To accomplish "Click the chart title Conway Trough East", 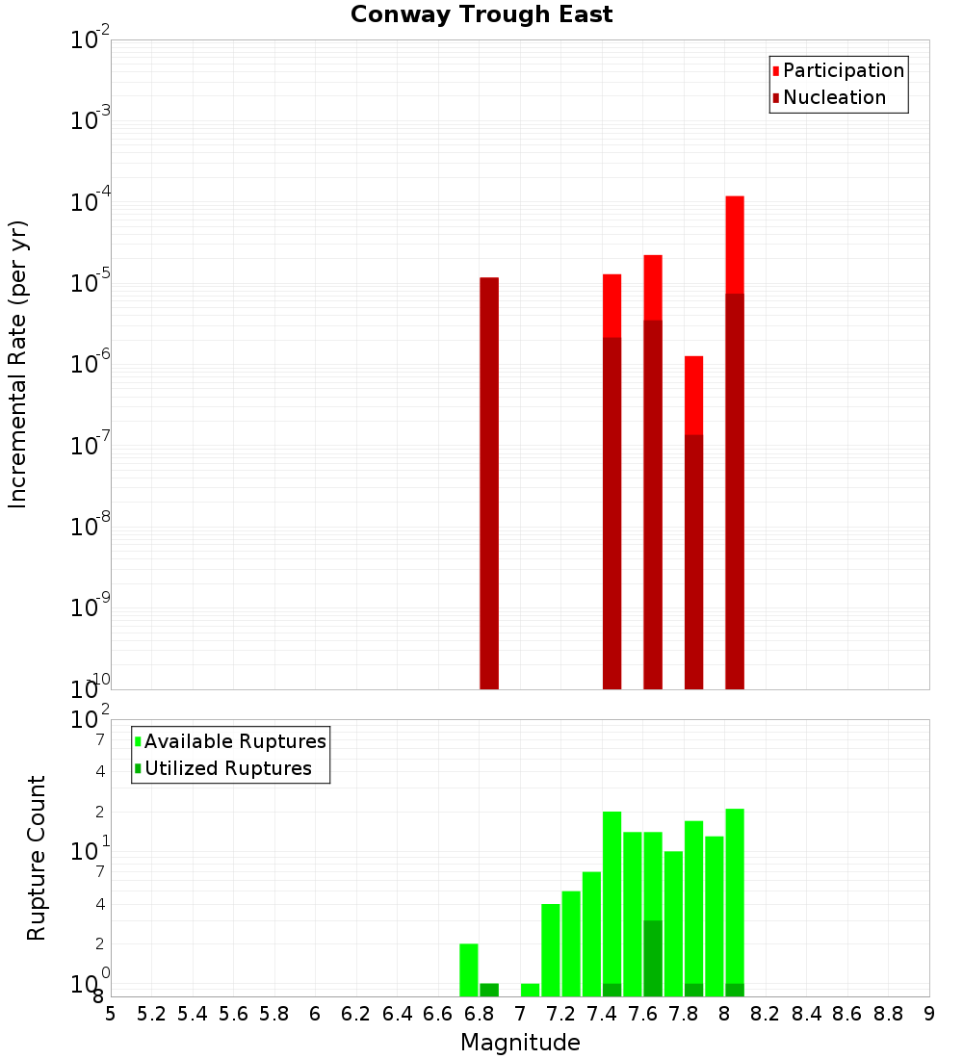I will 481,14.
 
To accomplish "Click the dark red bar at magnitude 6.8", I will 489,481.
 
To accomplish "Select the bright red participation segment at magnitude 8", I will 735,245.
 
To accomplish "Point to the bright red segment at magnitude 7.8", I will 693,395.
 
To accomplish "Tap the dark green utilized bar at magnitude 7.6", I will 653,958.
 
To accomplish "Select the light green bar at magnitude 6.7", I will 469,969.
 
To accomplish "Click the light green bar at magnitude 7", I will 530,990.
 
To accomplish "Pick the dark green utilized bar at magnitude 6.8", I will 489,990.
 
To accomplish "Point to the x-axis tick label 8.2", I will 766,1014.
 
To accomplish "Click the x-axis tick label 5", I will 111,1014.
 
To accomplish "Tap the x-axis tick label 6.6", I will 437,1014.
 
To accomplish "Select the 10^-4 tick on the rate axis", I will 91,202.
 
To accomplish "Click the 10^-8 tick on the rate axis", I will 91,527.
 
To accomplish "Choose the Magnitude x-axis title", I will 520,1043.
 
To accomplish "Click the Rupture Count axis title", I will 37,858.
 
